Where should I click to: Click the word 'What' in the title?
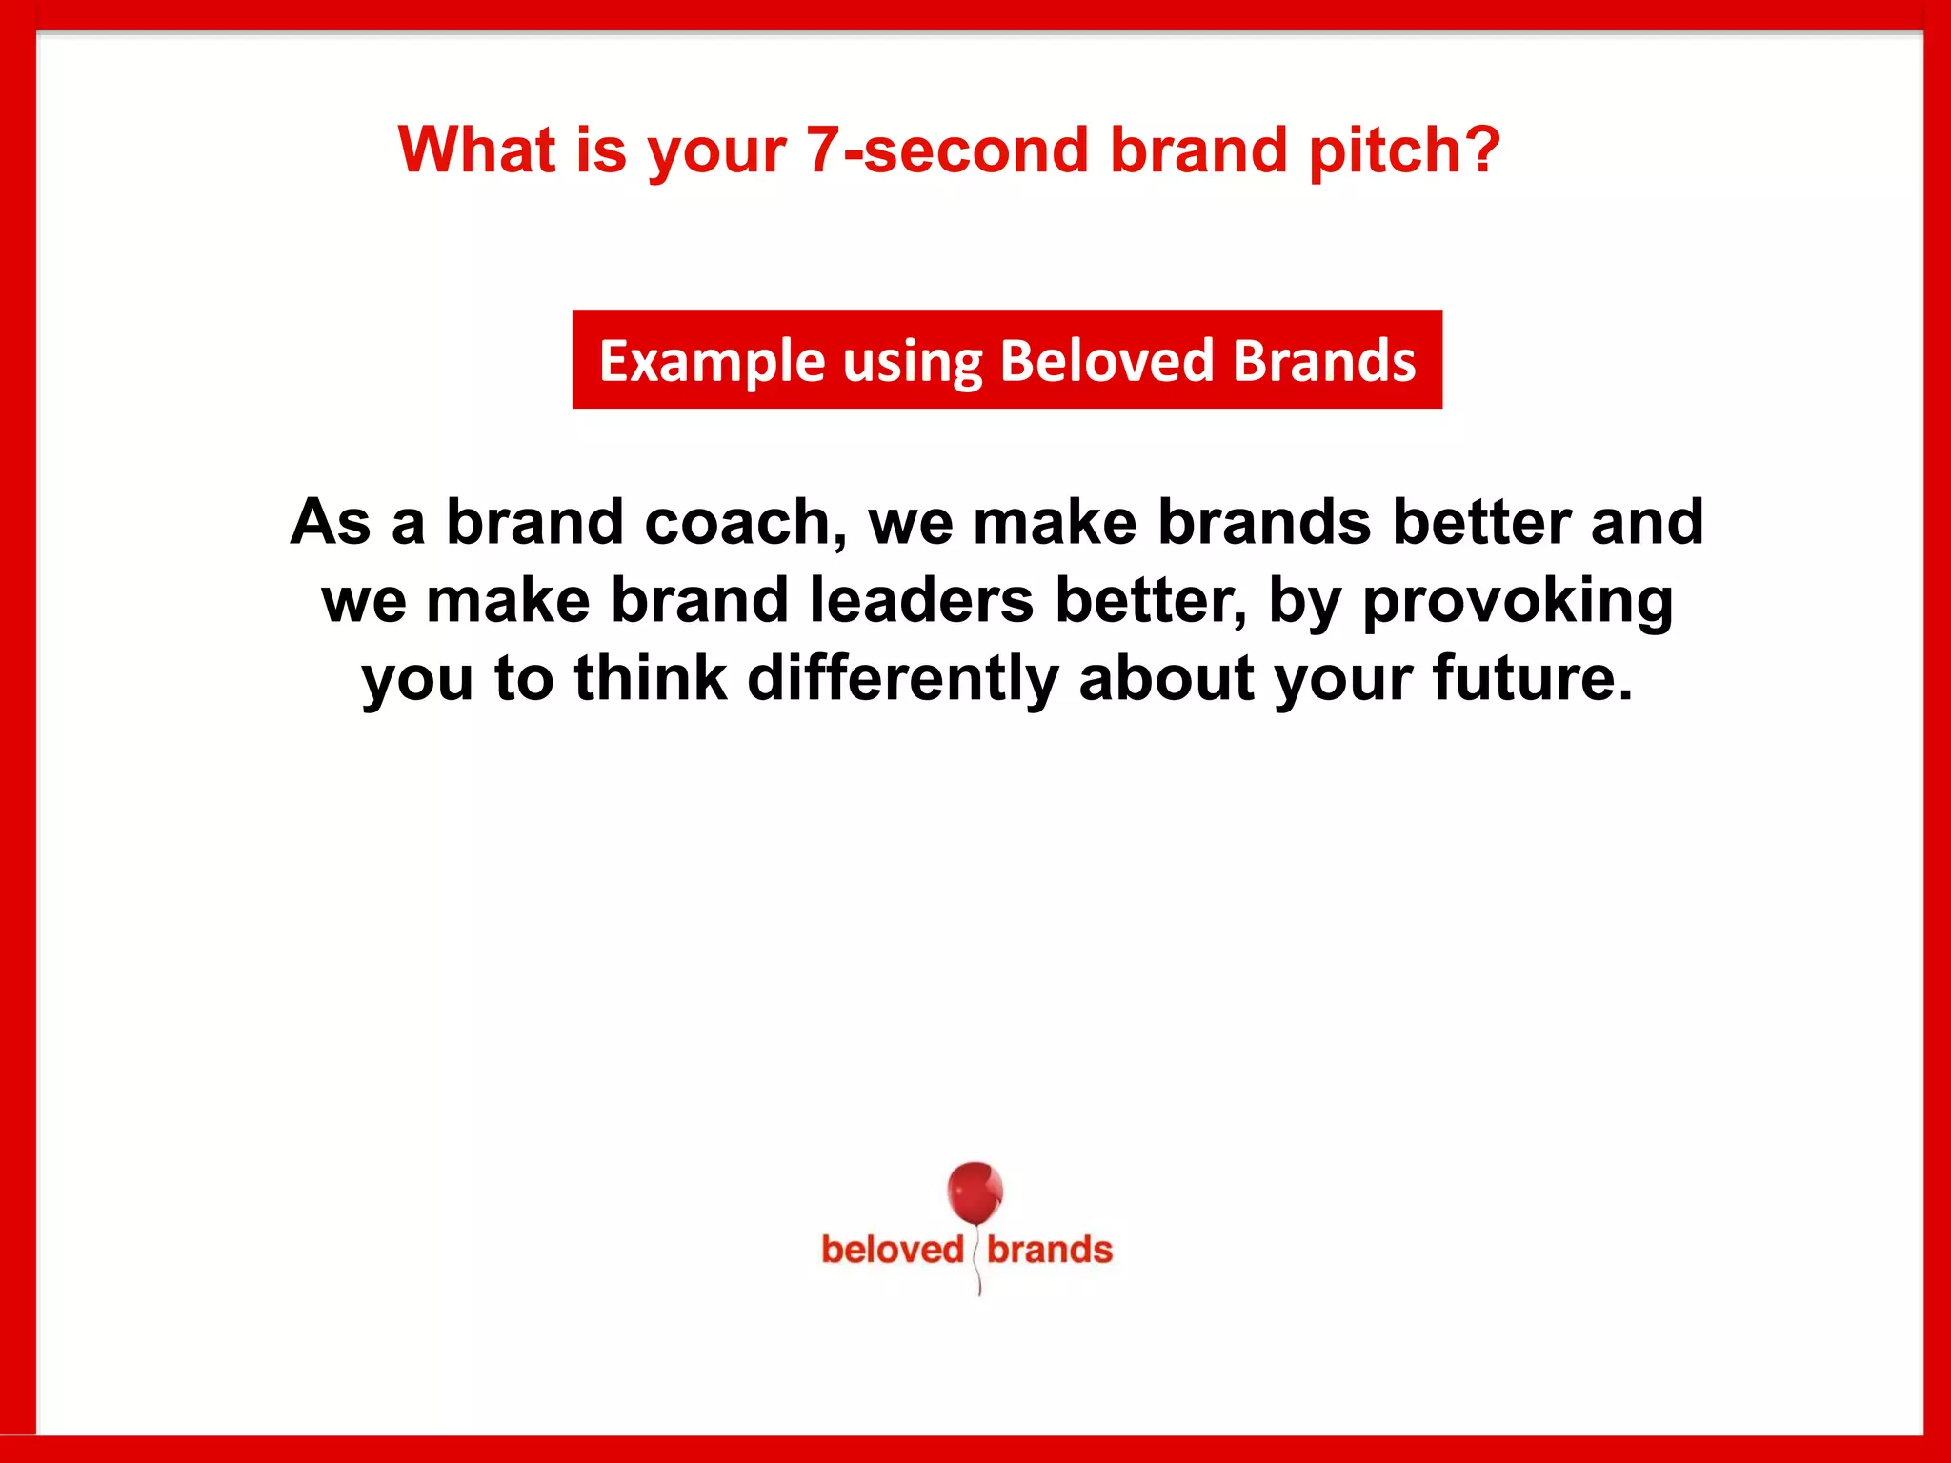pyautogui.click(x=476, y=150)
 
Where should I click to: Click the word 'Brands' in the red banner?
pyautogui.click(x=1324, y=360)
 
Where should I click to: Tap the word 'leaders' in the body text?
pyautogui.click(x=921, y=600)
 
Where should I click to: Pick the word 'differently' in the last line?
pyautogui.click(x=902, y=679)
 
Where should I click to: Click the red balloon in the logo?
pyautogui.click(x=974, y=1192)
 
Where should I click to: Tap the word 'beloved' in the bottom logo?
pyautogui.click(x=893, y=1250)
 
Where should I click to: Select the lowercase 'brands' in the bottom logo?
pyautogui.click(x=1049, y=1250)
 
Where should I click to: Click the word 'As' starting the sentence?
pyautogui.click(x=330, y=522)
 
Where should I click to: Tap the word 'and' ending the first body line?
pyautogui.click(x=1646, y=522)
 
